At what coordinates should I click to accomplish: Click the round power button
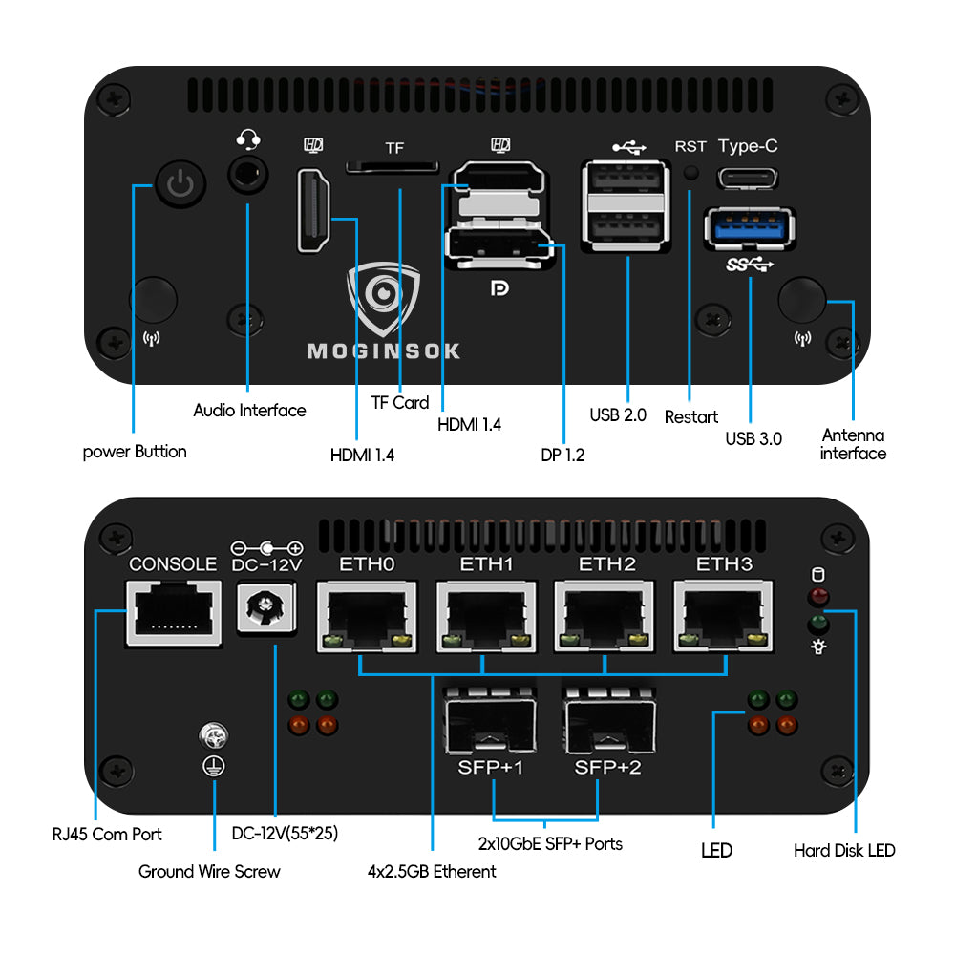(179, 184)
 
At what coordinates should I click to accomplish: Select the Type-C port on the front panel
(748, 178)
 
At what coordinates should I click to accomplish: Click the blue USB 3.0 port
(749, 229)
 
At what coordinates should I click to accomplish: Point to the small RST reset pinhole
(690, 174)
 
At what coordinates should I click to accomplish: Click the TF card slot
(393, 168)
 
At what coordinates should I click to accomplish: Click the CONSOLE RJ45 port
(173, 614)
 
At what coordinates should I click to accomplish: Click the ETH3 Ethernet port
(724, 616)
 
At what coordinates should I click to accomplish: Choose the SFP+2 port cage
(609, 721)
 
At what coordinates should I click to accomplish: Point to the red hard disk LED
(817, 599)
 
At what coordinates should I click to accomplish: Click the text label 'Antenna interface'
(853, 444)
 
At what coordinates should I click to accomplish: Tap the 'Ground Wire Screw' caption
(209, 871)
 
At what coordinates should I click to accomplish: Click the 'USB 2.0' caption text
(618, 415)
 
